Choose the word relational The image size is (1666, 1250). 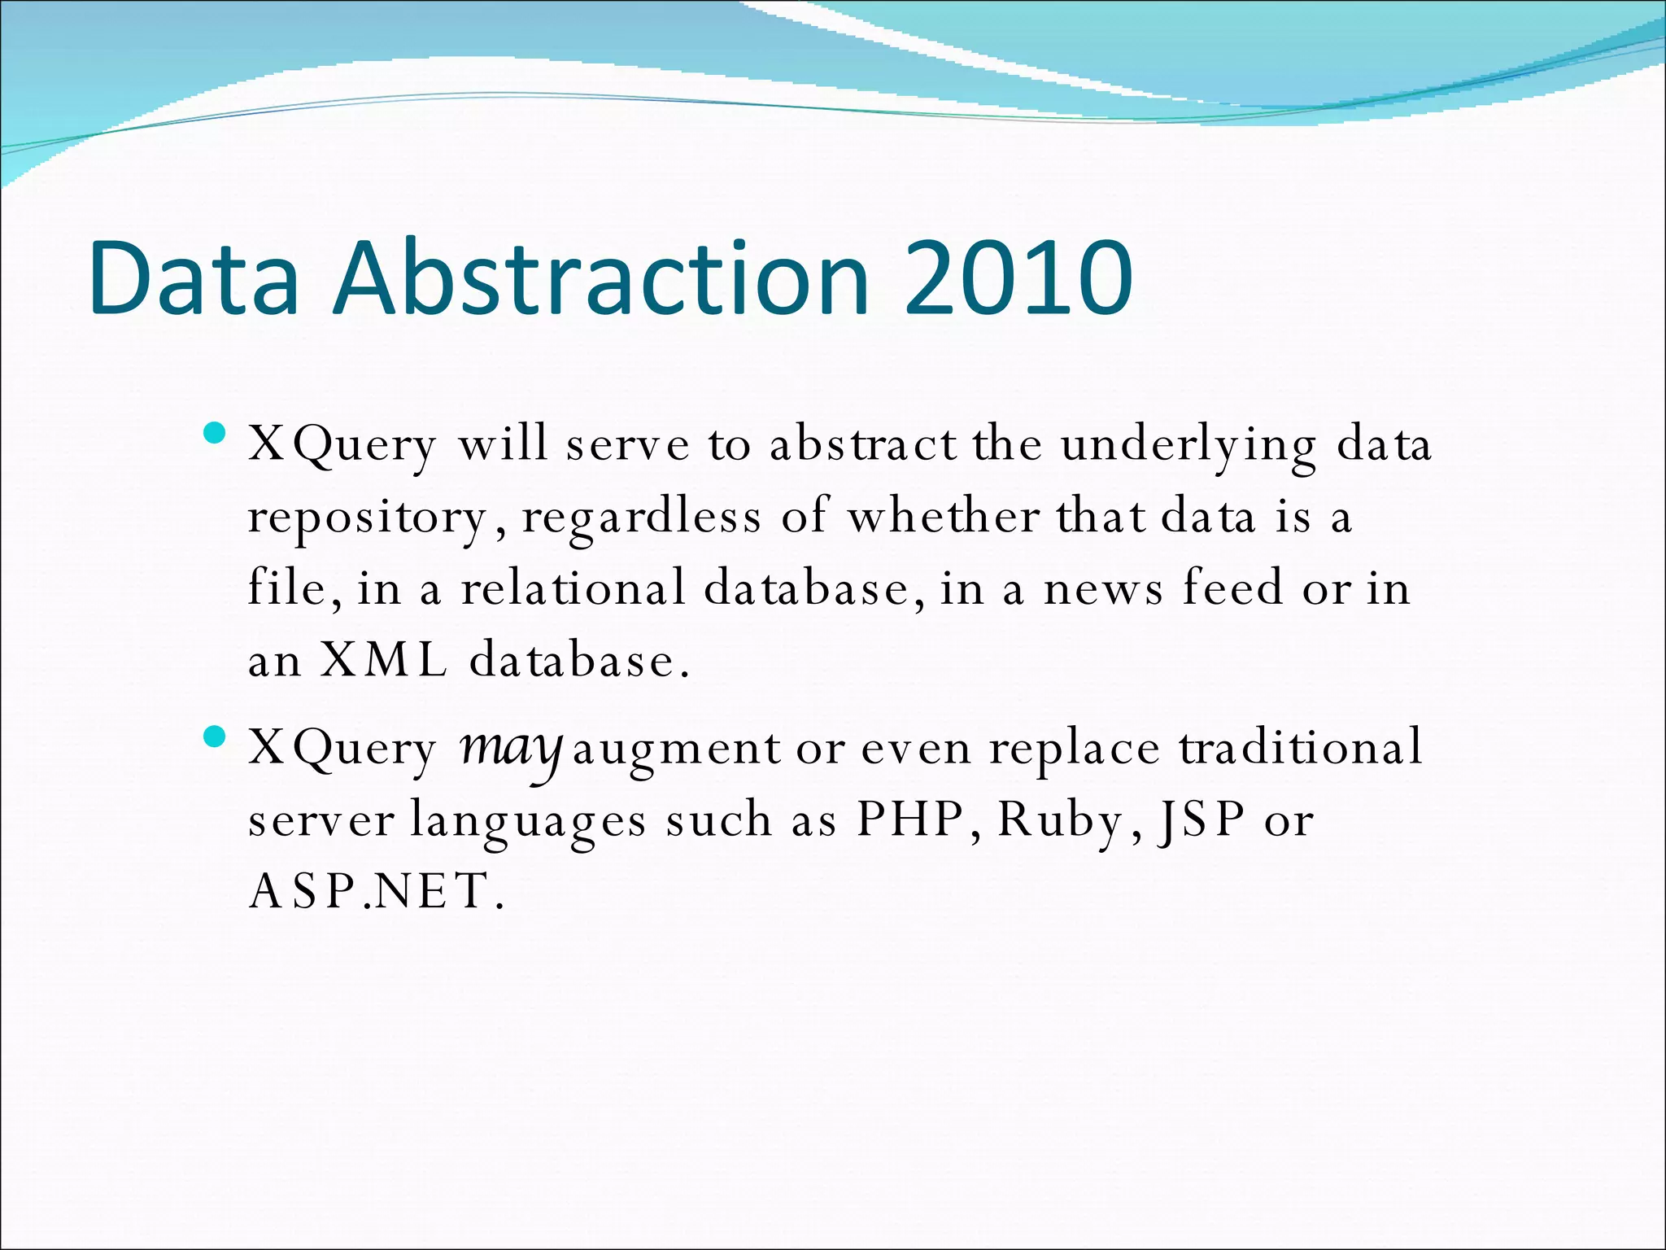pos(574,588)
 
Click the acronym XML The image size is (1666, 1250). pos(383,659)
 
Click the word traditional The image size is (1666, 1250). pos(1302,747)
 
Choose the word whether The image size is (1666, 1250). pos(943,517)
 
